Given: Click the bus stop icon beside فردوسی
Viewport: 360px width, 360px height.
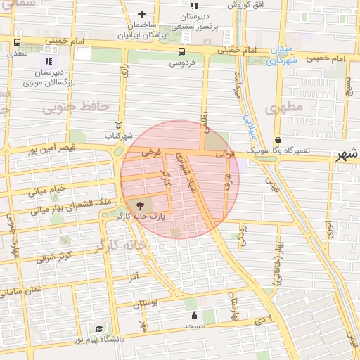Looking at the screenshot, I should click(x=181, y=51).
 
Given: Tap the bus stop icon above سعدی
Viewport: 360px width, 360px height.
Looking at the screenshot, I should click(x=17, y=41).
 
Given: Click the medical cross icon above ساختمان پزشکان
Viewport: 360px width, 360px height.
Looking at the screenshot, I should click(x=142, y=14).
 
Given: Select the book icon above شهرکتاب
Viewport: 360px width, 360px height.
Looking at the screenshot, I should click(x=118, y=124).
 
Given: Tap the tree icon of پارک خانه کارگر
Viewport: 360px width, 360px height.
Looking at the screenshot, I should click(x=140, y=205).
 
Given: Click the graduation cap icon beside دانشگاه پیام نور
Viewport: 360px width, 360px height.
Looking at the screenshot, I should click(x=99, y=329).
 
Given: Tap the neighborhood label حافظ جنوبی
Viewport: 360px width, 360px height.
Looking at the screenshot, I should click(x=76, y=107).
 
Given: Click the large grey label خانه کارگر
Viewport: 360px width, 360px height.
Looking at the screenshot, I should click(x=120, y=245).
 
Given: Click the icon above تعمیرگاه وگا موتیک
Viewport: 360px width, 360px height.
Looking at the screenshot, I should click(x=278, y=140).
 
